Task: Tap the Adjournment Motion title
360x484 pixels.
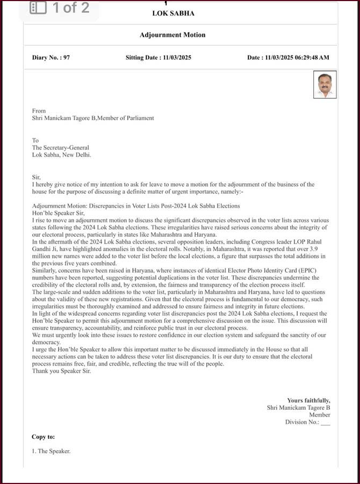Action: (172, 35)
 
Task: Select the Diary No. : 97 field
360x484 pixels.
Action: (51, 58)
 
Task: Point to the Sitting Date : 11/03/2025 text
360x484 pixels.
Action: (159, 58)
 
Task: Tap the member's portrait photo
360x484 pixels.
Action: (325, 84)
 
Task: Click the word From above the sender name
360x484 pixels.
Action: (39, 111)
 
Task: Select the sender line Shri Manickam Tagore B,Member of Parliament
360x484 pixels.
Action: (93, 118)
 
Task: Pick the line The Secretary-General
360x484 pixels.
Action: (61, 148)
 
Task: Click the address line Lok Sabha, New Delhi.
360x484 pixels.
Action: (62, 155)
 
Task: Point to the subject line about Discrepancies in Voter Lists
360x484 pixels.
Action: (136, 206)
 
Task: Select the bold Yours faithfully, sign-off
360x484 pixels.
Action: (308, 401)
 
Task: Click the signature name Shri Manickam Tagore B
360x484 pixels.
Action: (299, 408)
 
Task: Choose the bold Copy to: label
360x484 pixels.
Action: (44, 437)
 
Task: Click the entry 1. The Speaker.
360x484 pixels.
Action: (51, 452)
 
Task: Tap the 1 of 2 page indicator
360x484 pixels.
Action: (70, 8)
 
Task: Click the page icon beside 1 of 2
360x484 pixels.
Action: (38, 8)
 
